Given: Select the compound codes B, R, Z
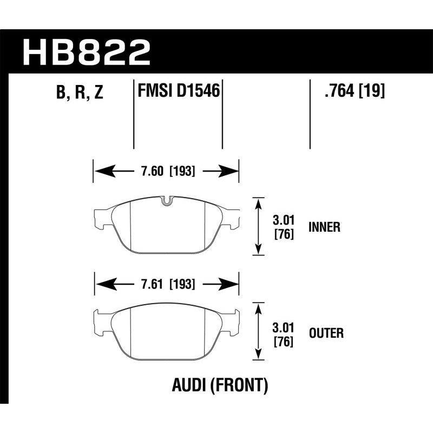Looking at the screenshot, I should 79,93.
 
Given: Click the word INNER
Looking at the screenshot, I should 324,227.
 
